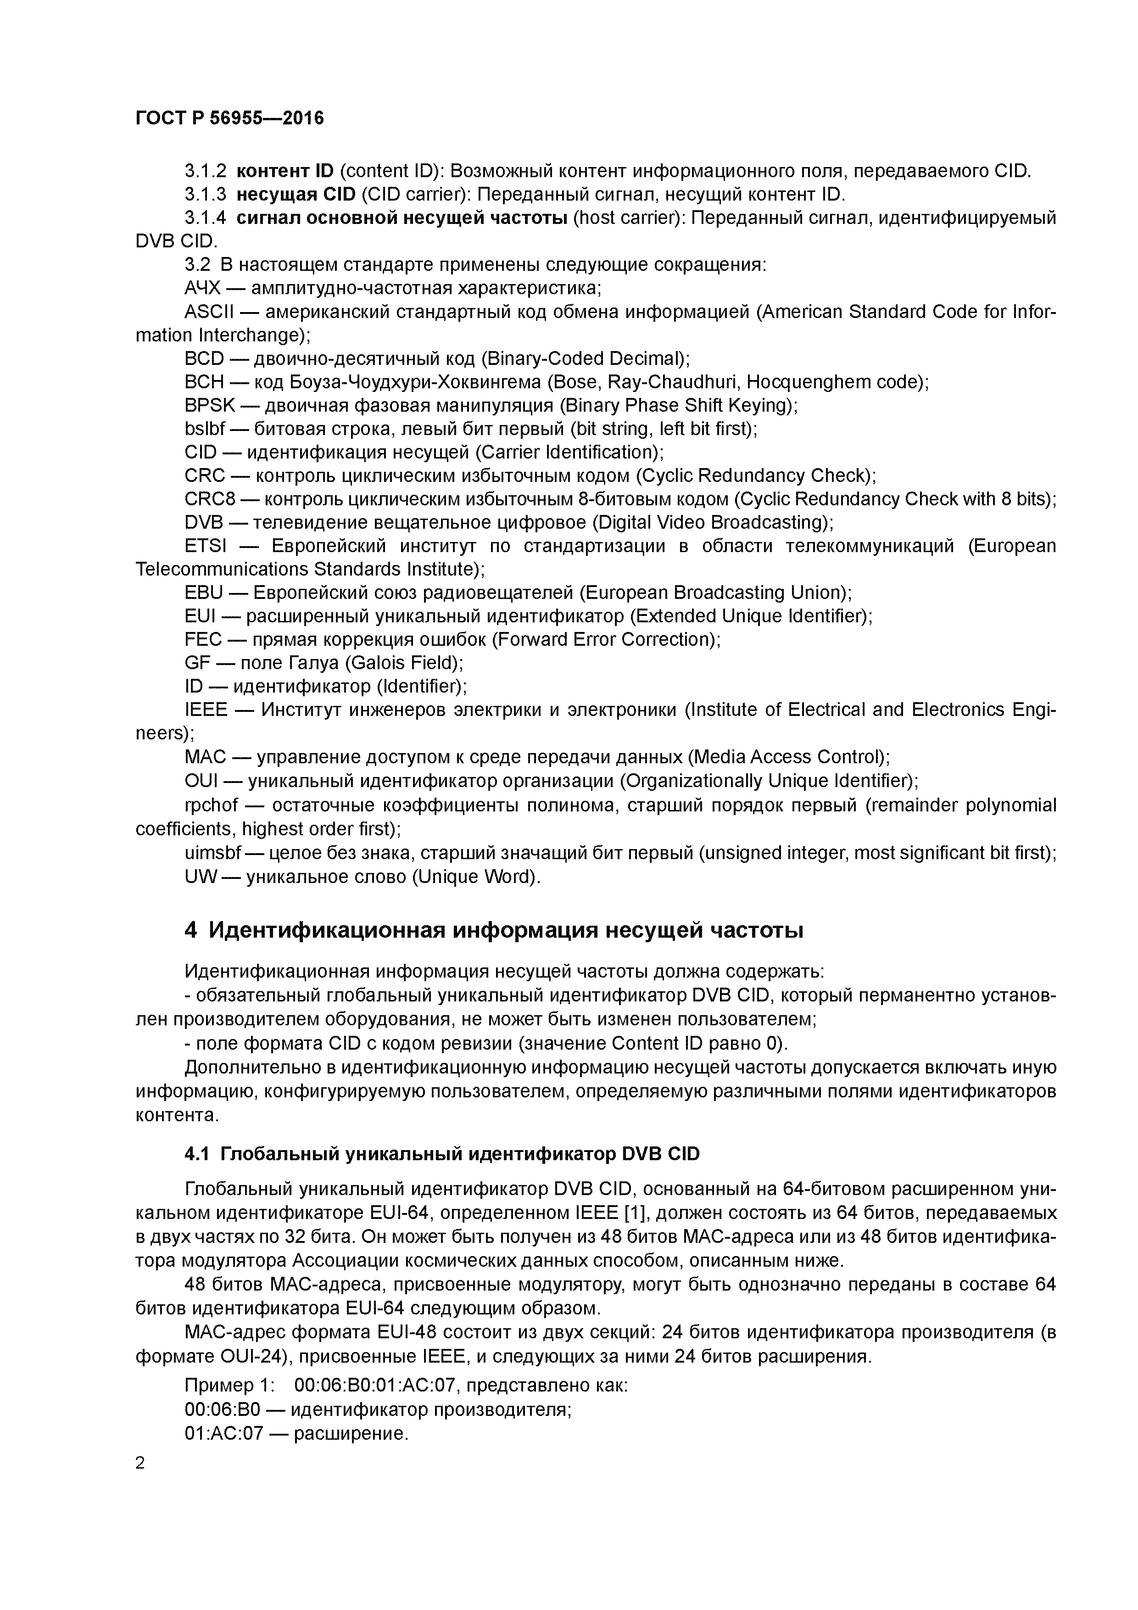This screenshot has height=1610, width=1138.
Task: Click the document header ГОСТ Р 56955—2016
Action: [229, 118]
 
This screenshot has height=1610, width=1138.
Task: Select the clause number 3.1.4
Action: [206, 218]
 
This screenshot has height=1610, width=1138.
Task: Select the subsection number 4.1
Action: [196, 1154]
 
